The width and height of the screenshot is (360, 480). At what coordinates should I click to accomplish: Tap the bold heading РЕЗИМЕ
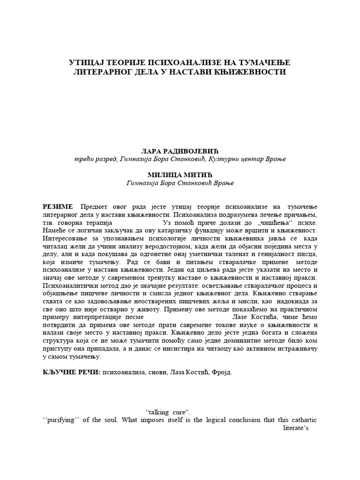pyautogui.click(x=58, y=207)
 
